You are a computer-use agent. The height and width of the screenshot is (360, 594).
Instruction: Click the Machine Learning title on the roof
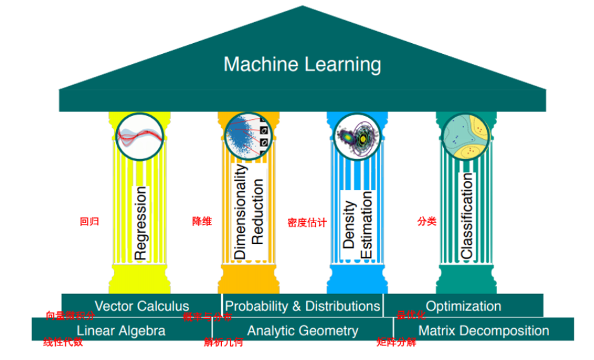[302, 64]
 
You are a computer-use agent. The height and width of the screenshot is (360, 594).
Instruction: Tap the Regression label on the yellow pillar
[140, 222]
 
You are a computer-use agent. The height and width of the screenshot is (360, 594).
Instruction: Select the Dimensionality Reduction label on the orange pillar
[249, 212]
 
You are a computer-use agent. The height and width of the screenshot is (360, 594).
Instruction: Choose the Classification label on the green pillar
[467, 216]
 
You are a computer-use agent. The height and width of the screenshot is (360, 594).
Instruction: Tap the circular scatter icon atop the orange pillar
[249, 136]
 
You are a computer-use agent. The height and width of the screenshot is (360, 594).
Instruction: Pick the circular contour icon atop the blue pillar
[358, 136]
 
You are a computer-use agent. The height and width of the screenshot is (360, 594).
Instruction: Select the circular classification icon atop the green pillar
[467, 136]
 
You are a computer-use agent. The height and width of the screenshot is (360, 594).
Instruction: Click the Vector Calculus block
[141, 305]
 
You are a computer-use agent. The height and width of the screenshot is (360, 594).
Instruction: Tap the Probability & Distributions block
[302, 305]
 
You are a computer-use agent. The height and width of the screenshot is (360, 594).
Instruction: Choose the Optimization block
[463, 305]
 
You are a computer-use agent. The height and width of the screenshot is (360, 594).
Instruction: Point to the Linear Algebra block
[121, 330]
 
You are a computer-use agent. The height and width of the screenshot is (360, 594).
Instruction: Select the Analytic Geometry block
[302, 330]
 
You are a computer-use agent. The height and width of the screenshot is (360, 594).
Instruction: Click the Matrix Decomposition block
[484, 330]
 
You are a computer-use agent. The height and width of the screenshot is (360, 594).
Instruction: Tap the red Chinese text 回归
[89, 222]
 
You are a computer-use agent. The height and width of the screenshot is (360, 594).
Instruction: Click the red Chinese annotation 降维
[202, 221]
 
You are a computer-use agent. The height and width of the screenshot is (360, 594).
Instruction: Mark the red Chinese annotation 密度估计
[307, 222]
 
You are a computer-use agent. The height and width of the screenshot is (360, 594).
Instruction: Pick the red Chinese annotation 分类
[427, 221]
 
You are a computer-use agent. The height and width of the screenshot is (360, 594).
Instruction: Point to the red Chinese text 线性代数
[63, 343]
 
